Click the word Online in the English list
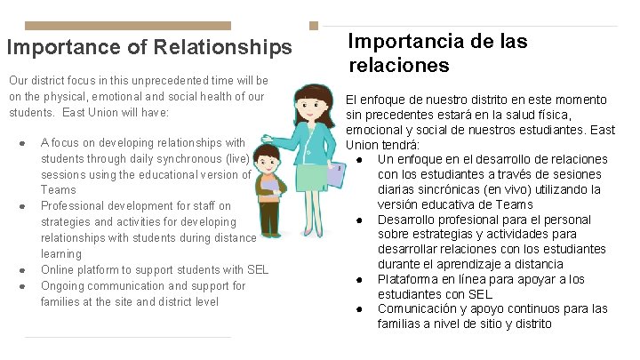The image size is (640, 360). coord(58,270)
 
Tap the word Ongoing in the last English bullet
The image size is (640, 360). coord(63,286)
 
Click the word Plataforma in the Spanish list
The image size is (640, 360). coord(408,280)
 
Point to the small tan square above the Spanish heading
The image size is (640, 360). coord(313,27)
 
